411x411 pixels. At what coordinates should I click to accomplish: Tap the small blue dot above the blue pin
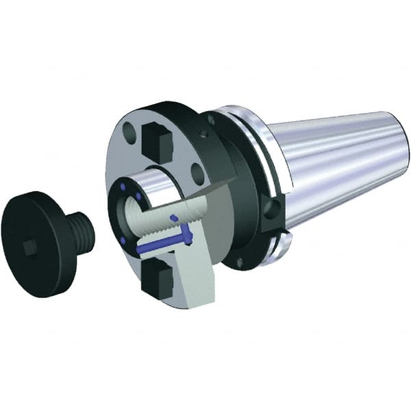tap(173, 219)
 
